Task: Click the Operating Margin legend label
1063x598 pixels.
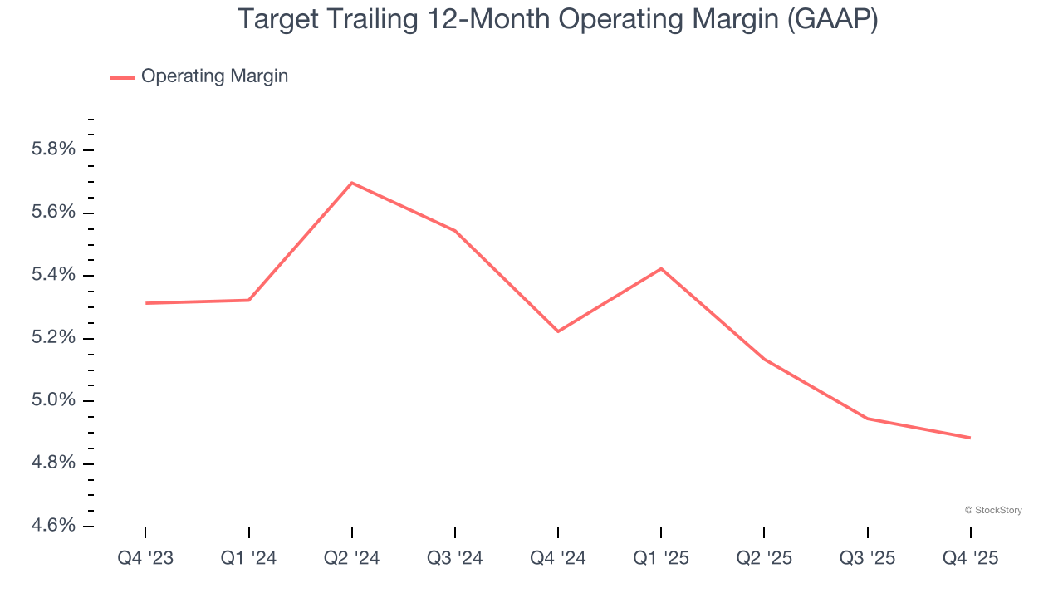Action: tap(214, 76)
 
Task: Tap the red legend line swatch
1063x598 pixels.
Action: tap(122, 77)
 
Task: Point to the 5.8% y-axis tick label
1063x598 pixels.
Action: tap(53, 150)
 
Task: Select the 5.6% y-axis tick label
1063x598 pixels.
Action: tap(53, 213)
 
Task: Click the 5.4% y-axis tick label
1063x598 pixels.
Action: tap(53, 275)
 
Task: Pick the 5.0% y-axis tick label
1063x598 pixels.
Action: tap(53, 400)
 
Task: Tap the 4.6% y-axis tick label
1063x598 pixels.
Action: tap(53, 526)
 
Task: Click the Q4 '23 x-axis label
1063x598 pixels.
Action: tap(145, 559)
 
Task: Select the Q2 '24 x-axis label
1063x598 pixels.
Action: tap(352, 559)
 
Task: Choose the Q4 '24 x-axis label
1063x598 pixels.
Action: tap(558, 559)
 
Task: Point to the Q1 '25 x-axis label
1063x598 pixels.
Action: tap(661, 559)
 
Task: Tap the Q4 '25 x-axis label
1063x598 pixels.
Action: tap(970, 559)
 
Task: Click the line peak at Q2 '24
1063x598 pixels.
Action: tap(352, 183)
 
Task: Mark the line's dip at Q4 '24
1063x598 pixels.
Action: tap(558, 331)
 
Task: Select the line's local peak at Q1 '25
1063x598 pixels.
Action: tap(661, 268)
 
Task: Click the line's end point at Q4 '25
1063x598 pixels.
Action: tap(970, 438)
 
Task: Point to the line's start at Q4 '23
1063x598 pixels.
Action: tap(146, 303)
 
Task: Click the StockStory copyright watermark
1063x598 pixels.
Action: tap(993, 510)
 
